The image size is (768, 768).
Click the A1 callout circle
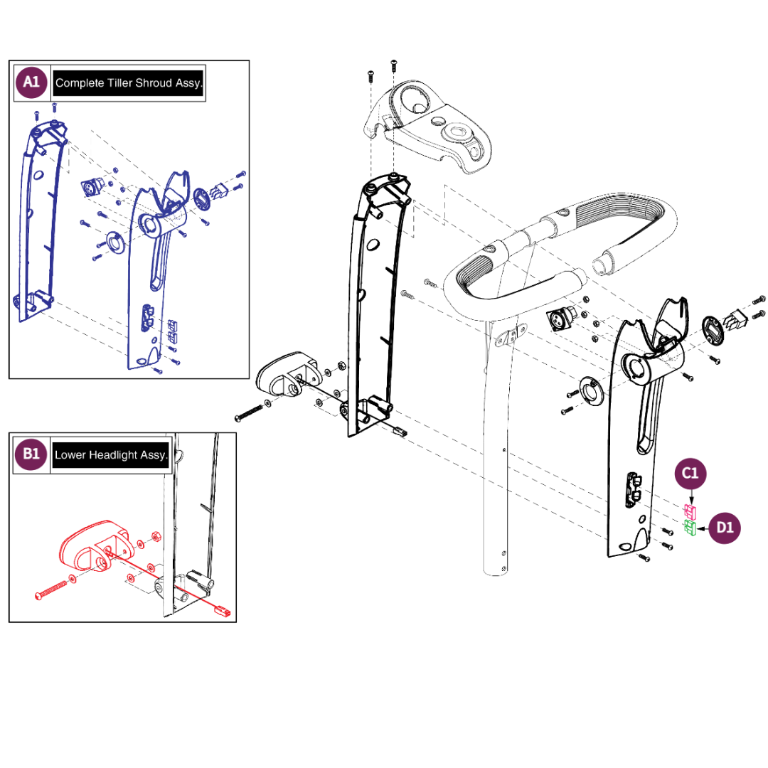(31, 82)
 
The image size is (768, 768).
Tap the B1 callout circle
(31, 454)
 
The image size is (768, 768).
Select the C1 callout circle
(691, 473)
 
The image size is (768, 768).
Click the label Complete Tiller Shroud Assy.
(129, 83)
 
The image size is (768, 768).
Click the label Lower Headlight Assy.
(111, 454)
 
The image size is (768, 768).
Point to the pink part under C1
(689, 511)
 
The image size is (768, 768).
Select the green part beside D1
(689, 528)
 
